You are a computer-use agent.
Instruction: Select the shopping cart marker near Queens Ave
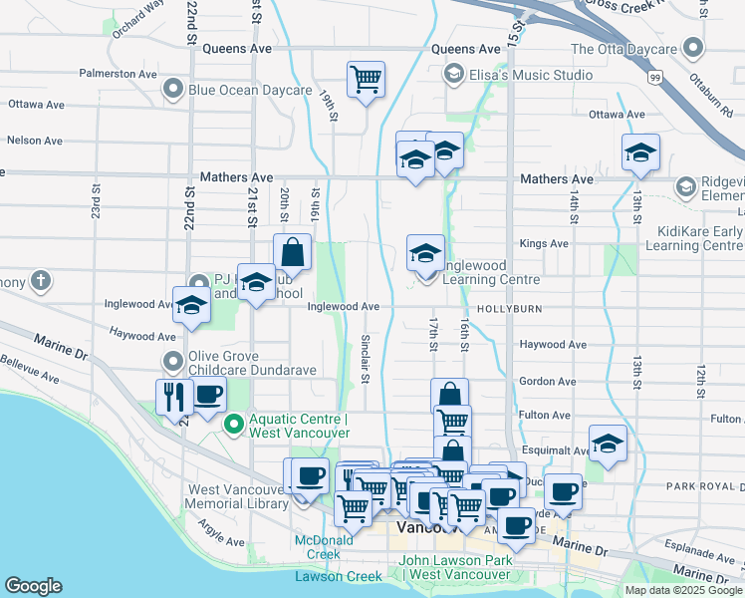[x=366, y=79]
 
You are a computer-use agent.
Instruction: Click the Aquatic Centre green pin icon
[x=234, y=426]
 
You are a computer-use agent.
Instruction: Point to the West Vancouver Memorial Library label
[x=237, y=496]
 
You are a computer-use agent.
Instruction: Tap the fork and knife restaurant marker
[x=173, y=396]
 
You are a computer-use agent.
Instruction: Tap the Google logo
[x=33, y=586]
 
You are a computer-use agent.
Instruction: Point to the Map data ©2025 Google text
[x=684, y=590]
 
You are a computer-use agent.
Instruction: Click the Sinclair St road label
[x=365, y=361]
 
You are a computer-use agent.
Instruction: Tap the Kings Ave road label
[x=544, y=243]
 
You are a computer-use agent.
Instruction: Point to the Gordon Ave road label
[x=547, y=381]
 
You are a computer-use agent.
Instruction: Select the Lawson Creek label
[x=339, y=576]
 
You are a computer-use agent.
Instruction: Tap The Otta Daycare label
[x=623, y=49]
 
